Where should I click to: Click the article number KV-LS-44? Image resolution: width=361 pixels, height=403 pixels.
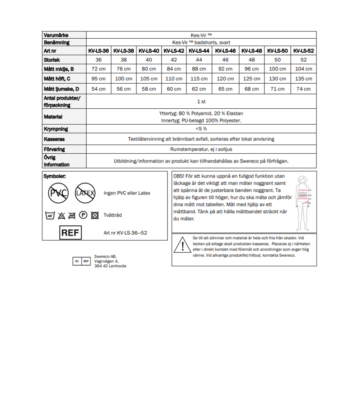pyautogui.click(x=199, y=51)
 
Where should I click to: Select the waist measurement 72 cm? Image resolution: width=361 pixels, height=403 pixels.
pyautogui.click(x=98, y=69)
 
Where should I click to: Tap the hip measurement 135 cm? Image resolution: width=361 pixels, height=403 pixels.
pyautogui.click(x=303, y=79)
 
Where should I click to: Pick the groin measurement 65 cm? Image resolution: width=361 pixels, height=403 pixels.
pyautogui.click(x=225, y=89)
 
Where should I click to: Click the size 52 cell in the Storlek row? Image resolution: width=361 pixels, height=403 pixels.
pyautogui.click(x=303, y=60)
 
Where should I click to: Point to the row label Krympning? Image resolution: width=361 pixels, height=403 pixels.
pyautogui.click(x=56, y=129)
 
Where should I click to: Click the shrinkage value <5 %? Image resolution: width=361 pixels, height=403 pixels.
pyautogui.click(x=201, y=129)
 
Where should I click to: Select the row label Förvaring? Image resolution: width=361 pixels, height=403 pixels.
pyautogui.click(x=55, y=149)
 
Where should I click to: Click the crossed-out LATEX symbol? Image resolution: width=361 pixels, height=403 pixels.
pyautogui.click(x=85, y=193)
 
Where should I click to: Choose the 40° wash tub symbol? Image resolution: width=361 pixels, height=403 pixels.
pyautogui.click(x=50, y=215)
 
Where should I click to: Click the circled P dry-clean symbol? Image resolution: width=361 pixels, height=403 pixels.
pyautogui.click(x=83, y=215)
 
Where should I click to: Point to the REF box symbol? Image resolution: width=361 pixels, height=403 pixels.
pyautogui.click(x=71, y=232)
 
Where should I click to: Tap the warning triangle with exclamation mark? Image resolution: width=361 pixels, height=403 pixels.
pyautogui.click(x=182, y=245)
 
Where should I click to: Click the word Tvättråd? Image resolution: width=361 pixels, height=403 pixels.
pyautogui.click(x=113, y=215)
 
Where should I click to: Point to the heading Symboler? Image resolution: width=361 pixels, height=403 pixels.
pyautogui.click(x=55, y=177)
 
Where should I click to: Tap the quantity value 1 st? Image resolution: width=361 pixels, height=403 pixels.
pyautogui.click(x=201, y=102)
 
